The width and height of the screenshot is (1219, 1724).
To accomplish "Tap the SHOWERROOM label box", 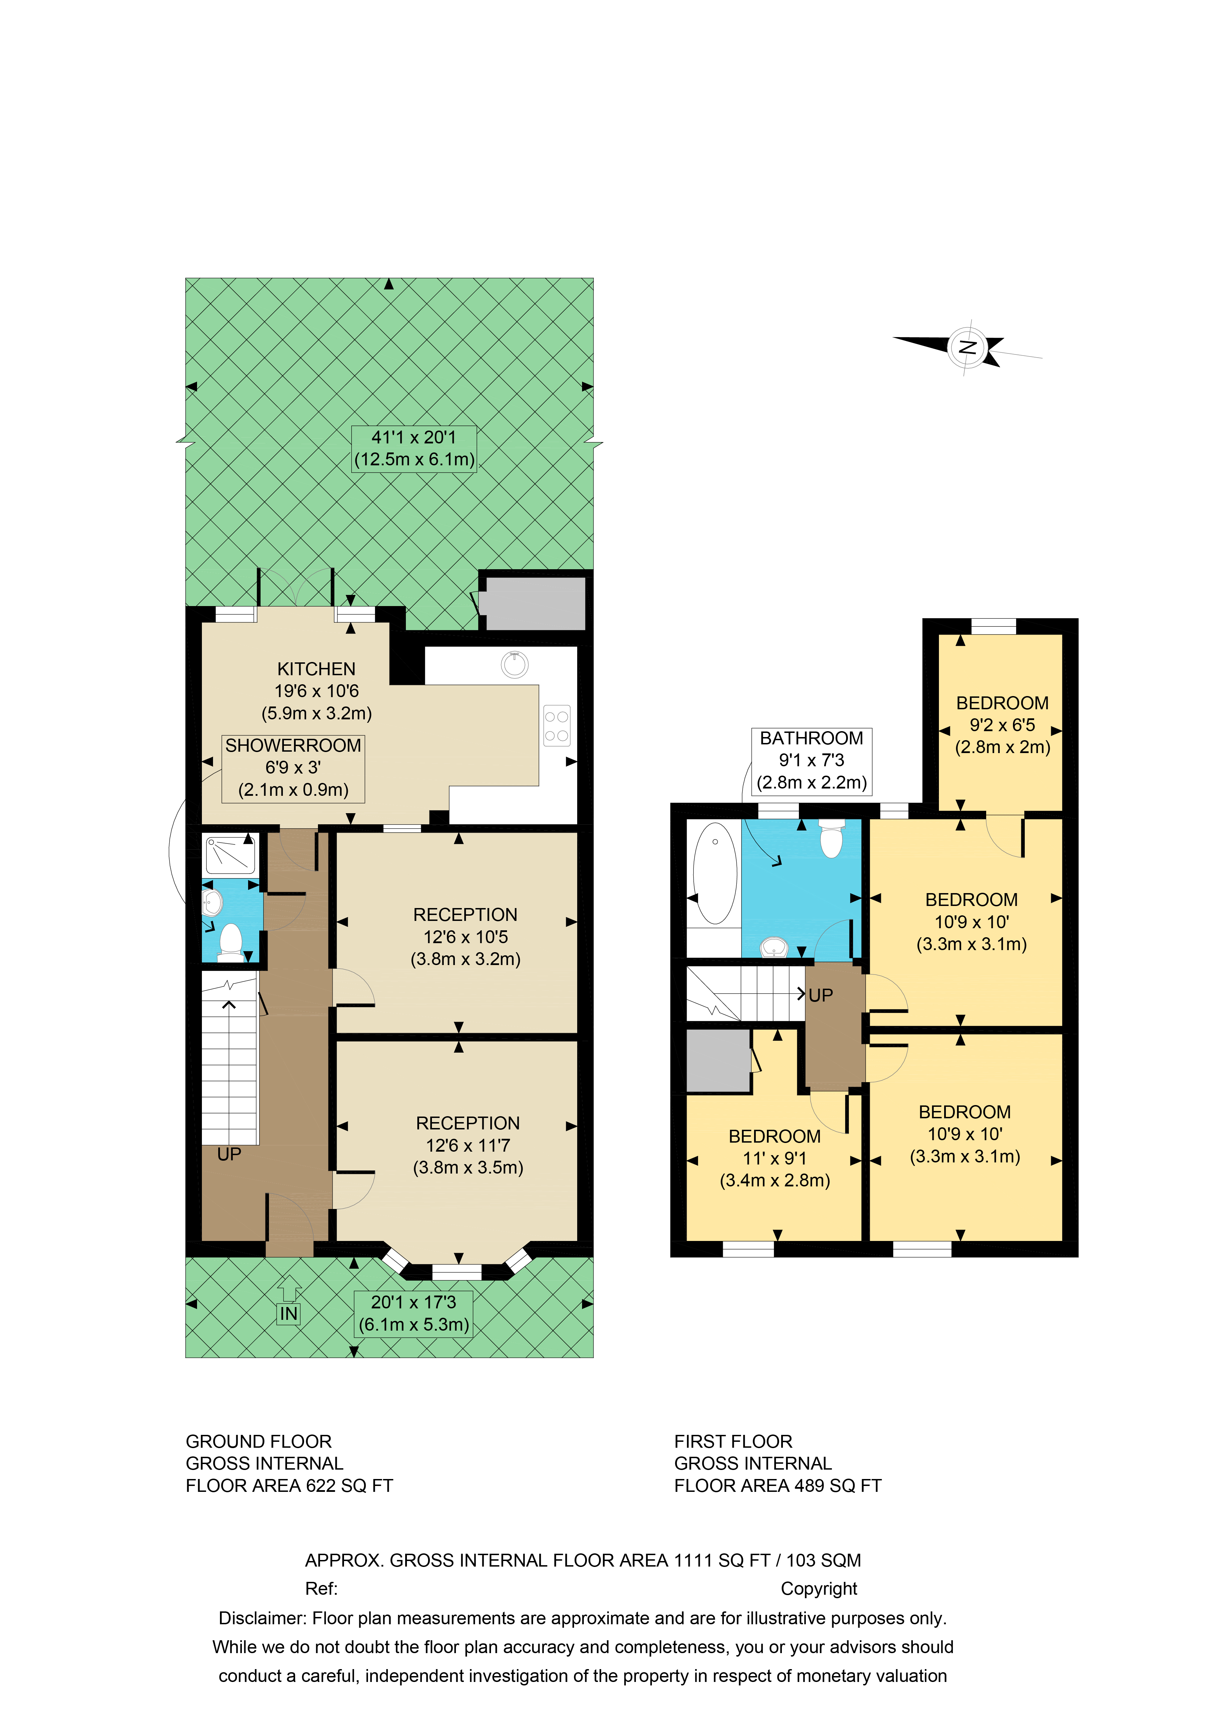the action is pos(293,768).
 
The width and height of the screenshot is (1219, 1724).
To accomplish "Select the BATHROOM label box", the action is pos(811,761).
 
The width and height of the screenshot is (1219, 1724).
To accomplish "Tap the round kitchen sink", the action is pos(515,664).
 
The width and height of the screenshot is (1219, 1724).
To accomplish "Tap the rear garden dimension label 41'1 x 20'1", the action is pos(414,448).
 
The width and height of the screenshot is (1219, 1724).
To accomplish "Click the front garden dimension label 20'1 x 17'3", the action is pos(414,1313).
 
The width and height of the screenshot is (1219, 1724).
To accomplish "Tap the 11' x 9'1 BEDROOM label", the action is pos(775,1159).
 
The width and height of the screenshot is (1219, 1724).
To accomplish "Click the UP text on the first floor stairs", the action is pos(820,996).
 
